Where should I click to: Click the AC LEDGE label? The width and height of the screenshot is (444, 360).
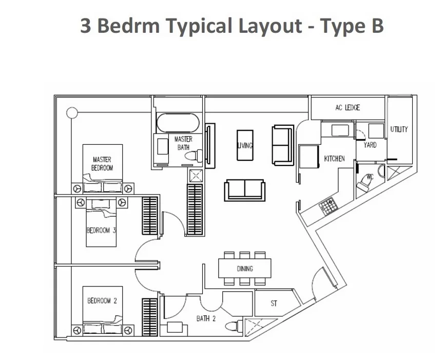point(348,107)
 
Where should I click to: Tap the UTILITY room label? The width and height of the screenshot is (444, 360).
point(399,129)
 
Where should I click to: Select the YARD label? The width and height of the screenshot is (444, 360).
point(370,145)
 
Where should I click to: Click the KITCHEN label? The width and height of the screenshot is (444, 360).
point(334,159)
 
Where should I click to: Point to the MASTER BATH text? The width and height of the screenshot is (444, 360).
point(183,143)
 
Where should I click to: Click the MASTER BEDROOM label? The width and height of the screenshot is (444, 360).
point(102,164)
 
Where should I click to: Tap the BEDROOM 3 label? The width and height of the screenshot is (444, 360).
point(101,231)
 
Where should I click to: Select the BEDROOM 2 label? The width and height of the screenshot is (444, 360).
point(102,301)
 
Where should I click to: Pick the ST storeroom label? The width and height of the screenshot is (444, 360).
point(274,304)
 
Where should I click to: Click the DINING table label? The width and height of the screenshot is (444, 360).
point(245,269)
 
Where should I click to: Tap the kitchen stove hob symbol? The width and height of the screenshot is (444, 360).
point(326,207)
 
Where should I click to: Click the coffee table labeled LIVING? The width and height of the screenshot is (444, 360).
point(245,145)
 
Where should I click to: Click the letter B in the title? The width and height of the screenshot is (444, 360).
point(376,26)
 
